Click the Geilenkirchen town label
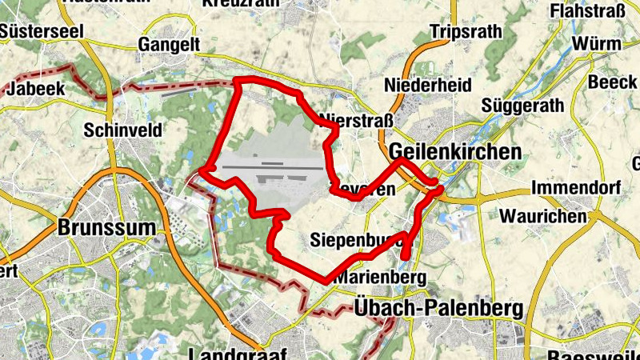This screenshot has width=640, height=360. pyautogui.click(x=455, y=152)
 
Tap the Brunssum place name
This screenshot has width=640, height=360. pyautogui.click(x=106, y=227)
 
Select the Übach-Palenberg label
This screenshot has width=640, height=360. pyautogui.click(x=438, y=308)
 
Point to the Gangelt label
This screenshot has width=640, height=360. pyautogui.click(x=169, y=44)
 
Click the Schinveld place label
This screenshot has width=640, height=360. pyautogui.click(x=122, y=130)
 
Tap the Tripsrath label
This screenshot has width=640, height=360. pyautogui.click(x=466, y=32)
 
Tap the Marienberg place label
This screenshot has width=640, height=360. pyautogui.click(x=378, y=277)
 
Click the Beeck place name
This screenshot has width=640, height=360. pyautogui.click(x=613, y=82)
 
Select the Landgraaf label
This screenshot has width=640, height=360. pyautogui.click(x=239, y=353)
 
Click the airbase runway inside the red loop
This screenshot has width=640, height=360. pyautogui.click(x=272, y=168)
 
